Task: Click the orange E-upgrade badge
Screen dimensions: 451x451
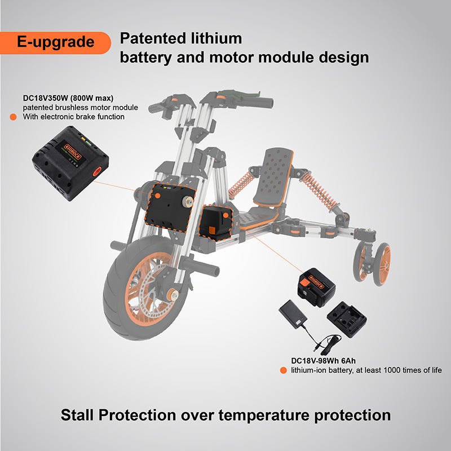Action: (55, 43)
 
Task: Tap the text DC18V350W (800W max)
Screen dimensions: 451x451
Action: (68, 98)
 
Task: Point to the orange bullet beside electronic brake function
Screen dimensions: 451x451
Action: (13, 117)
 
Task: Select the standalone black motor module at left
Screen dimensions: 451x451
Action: (70, 163)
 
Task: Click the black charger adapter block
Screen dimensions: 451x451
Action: (293, 315)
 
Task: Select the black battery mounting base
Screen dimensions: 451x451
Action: (347, 319)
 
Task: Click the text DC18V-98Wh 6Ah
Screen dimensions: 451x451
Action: (323, 361)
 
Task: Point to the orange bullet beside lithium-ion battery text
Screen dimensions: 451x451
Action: (284, 370)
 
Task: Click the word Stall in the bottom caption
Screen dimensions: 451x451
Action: (77, 415)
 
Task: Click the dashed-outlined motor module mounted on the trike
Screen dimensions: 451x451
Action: (170, 207)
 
